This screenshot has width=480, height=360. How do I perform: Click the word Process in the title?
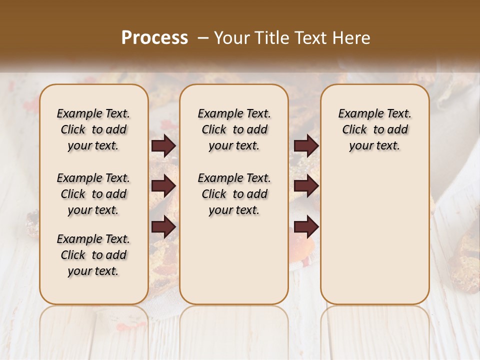point(154,38)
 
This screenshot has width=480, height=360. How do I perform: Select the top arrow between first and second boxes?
point(163,145)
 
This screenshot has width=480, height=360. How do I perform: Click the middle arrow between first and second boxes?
point(163,186)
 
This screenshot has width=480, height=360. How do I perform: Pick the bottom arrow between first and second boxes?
point(163,227)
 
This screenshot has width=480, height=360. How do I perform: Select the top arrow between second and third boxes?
point(306,145)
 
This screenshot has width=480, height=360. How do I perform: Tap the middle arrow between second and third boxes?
point(306,186)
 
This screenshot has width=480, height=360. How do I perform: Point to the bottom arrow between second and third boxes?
point(306,227)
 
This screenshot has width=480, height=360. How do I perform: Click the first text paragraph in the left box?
point(93,129)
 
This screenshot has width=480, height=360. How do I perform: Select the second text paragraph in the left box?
point(93,194)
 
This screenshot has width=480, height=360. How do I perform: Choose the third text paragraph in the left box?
point(93,255)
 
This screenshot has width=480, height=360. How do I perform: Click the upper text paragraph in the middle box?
point(234,129)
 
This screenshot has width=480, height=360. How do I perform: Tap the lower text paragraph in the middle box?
point(234,194)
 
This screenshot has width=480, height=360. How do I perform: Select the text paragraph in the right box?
point(375,129)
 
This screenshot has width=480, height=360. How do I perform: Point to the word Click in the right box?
point(354,130)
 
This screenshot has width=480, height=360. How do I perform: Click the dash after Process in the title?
point(203,38)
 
